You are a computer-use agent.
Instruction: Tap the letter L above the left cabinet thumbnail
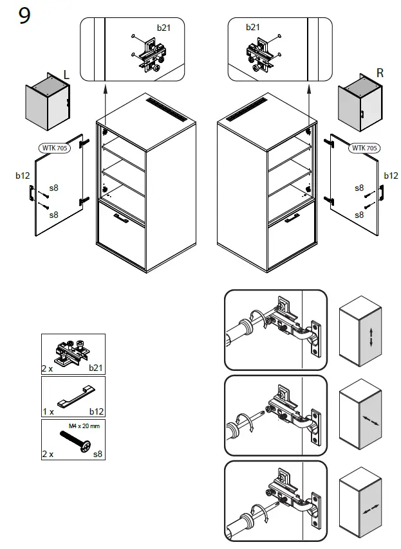66,75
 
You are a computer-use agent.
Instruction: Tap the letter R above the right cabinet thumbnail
380,73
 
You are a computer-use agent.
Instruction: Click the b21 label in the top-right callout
253,27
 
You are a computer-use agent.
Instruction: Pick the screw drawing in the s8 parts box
75,442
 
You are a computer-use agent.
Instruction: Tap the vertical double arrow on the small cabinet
372,337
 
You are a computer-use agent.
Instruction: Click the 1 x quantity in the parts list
48,411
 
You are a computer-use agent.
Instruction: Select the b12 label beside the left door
23,175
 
